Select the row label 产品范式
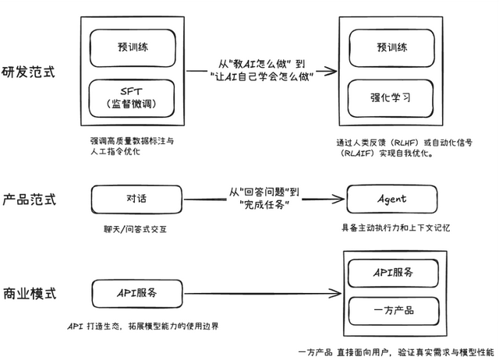coord(29,199)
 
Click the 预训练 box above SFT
coord(136,47)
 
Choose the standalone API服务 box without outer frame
coord(136,293)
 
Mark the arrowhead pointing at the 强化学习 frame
coord(333,72)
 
